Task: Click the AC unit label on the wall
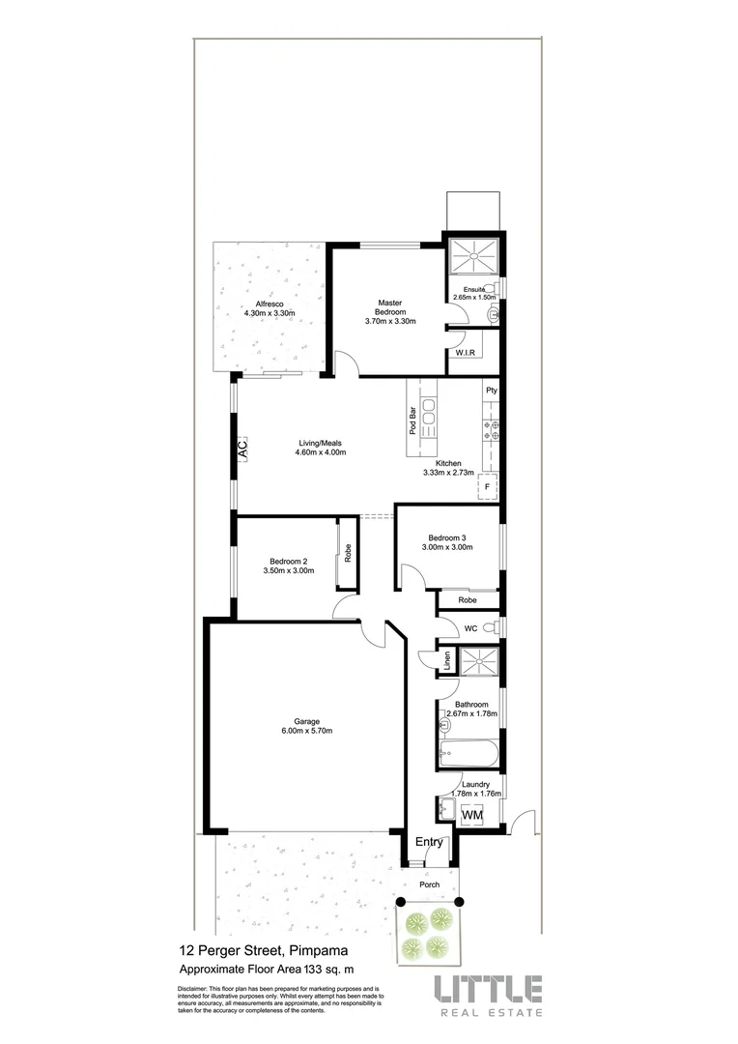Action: [x=242, y=449]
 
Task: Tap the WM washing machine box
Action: [x=472, y=816]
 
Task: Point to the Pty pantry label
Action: [x=491, y=391]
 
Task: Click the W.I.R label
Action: [x=464, y=354]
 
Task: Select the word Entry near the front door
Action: [x=429, y=842]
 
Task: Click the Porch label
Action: [x=429, y=884]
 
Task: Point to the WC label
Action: [x=471, y=628]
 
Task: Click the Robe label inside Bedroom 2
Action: [x=347, y=555]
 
